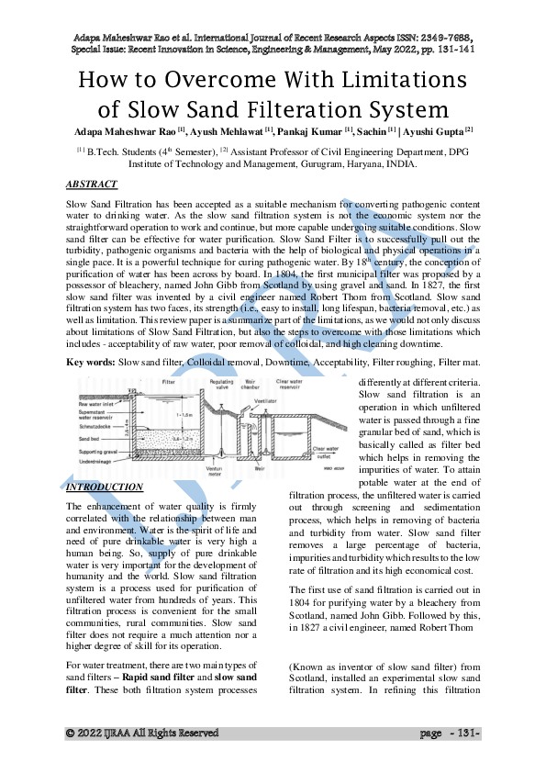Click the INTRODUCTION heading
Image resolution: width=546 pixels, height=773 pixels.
[106, 487]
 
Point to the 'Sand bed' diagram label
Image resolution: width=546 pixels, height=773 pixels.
[90, 439]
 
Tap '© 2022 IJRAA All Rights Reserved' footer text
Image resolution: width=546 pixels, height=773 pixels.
[142, 734]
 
